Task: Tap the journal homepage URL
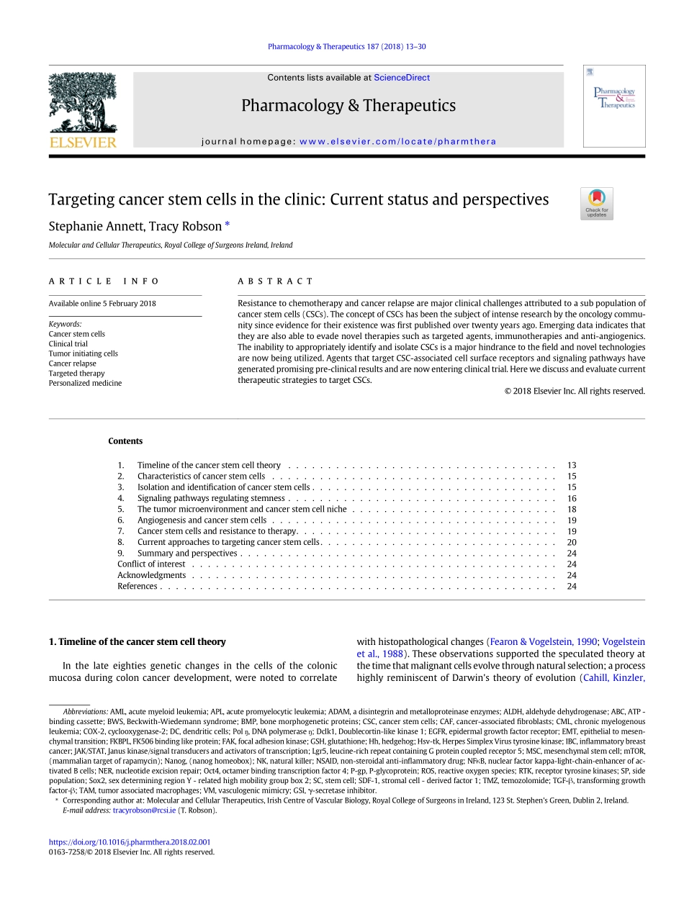tap(397, 142)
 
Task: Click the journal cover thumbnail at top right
tap(613, 106)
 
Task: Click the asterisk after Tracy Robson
tap(228, 225)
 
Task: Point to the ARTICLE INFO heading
tap(104, 281)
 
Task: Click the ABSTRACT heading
tap(276, 281)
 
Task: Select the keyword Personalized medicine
tap(85, 384)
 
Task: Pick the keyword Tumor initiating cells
tap(83, 353)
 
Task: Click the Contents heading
tap(125, 441)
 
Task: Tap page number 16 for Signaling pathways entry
tap(572, 498)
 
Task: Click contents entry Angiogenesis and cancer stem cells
tap(202, 520)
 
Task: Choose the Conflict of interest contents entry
tap(151, 564)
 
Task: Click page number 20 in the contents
tap(572, 543)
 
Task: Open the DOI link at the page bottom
tap(130, 842)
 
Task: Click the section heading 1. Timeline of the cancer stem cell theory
tap(137, 642)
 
